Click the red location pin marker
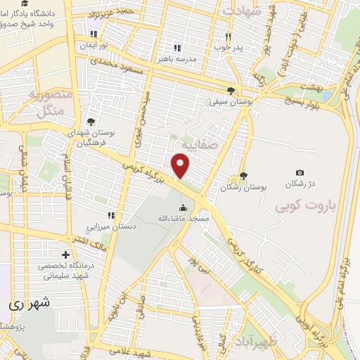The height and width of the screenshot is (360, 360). click(x=181, y=165)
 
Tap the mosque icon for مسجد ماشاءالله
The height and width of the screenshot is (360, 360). click(x=184, y=207)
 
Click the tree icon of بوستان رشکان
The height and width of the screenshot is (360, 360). click(x=243, y=176)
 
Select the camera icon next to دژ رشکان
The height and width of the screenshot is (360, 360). click(x=300, y=172)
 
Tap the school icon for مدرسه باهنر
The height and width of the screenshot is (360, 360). click(x=177, y=48)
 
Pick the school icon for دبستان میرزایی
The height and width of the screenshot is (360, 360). click(x=110, y=215)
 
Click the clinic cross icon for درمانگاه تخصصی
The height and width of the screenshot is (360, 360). click(x=65, y=254)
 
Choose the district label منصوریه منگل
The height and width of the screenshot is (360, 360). click(x=51, y=102)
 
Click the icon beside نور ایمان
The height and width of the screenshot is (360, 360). click(x=91, y=34)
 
